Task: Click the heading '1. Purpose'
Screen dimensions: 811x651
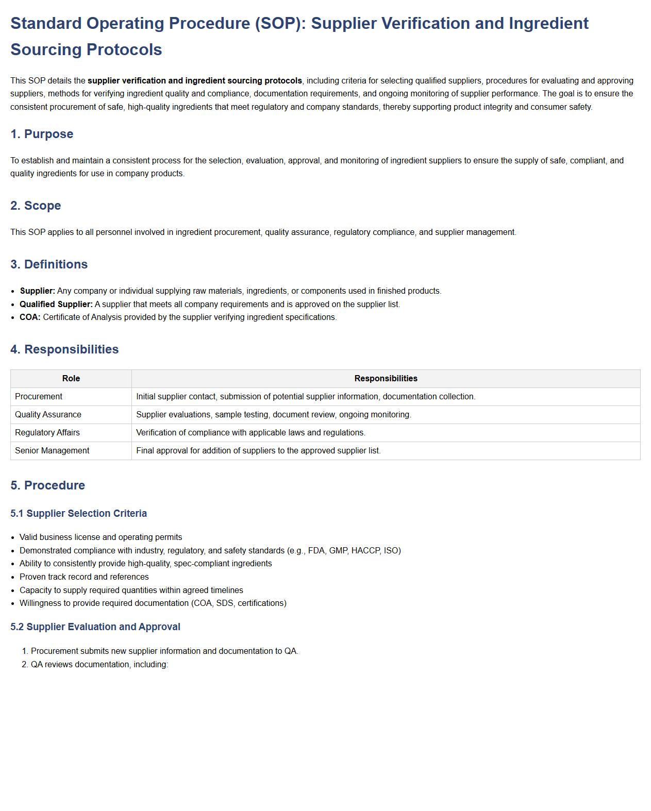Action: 42,134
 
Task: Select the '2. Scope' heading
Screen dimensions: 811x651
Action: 36,206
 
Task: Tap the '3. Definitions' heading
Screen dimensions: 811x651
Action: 49,264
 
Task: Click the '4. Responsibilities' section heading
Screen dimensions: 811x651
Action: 64,349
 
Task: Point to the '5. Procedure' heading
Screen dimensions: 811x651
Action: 47,485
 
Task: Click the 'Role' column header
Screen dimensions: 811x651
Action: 71,379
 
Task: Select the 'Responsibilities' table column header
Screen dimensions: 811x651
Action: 386,379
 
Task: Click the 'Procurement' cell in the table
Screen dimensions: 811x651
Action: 39,397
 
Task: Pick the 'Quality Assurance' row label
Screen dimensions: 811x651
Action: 48,415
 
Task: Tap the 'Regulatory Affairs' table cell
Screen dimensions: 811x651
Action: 47,433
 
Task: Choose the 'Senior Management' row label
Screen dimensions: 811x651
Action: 52,451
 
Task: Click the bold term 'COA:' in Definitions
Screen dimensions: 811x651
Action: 30,317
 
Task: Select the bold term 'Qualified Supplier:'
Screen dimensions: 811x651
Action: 56,305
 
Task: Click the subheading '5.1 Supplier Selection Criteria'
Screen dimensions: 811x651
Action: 78,514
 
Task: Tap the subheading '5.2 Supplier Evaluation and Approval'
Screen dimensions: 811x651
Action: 95,627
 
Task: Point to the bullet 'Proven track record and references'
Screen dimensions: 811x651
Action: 84,577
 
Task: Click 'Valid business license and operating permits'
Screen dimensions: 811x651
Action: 101,537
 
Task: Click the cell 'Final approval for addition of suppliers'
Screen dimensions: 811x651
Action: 258,451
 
